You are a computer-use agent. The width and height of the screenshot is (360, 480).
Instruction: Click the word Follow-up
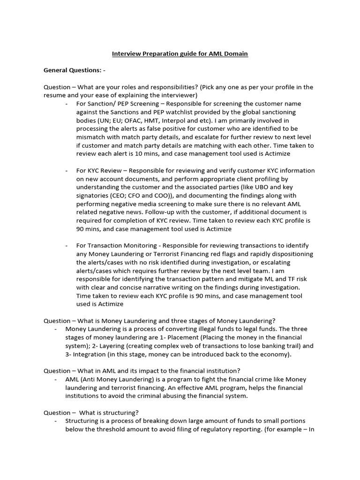tap(94, 212)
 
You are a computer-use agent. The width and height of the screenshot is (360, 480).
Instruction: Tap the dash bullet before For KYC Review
tap(67, 171)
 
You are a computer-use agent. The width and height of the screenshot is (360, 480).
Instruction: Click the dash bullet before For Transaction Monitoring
tap(67, 246)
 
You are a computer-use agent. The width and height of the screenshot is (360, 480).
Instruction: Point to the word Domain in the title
tap(235, 54)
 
